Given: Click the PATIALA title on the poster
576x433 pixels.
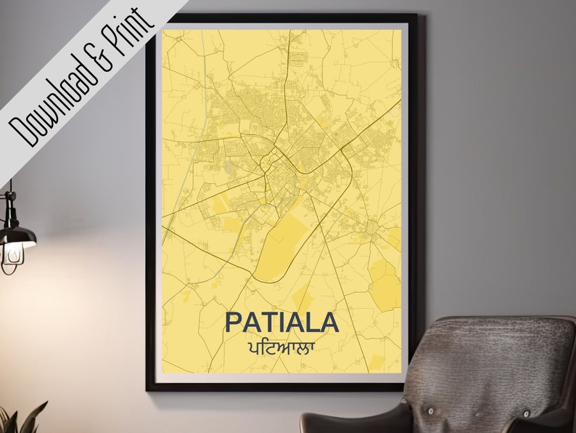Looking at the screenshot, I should pyautogui.click(x=281, y=322).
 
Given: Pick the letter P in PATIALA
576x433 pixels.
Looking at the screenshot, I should pyautogui.click(x=234, y=322).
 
